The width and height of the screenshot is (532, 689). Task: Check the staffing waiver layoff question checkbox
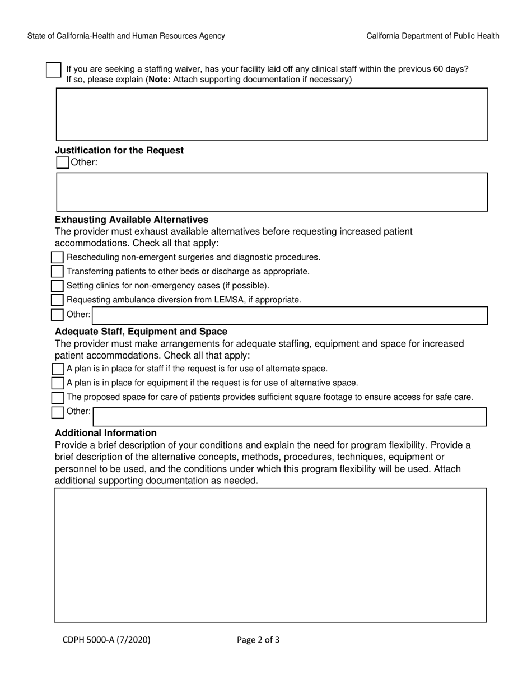coord(53,70)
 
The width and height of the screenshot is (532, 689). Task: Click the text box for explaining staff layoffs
coord(272,114)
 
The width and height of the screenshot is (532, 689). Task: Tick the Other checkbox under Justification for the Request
coord(63,162)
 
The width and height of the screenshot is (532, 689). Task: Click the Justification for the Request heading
coord(119,151)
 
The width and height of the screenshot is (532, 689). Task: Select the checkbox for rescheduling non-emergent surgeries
coord(57,257)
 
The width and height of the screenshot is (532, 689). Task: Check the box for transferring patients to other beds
coord(57,271)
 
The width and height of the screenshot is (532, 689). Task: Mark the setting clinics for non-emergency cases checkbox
coord(57,286)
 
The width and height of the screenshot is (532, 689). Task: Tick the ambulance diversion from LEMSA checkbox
coord(57,300)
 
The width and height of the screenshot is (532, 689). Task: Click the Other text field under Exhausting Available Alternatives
coord(290,315)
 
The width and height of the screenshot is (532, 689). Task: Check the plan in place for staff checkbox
coord(58,369)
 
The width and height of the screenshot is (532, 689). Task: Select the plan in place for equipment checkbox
coord(58,383)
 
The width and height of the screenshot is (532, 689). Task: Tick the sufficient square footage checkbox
coord(58,398)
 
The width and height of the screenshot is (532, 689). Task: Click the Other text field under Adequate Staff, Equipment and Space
coord(290,417)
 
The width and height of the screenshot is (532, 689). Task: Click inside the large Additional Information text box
coord(270,555)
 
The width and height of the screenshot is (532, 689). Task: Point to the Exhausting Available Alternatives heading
coord(132,220)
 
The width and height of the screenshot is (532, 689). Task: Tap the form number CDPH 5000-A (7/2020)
coord(106,639)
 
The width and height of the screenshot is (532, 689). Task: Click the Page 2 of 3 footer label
coord(258,639)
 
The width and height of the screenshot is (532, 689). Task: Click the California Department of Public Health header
coord(433,36)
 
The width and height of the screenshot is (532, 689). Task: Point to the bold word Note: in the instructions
coord(159,80)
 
